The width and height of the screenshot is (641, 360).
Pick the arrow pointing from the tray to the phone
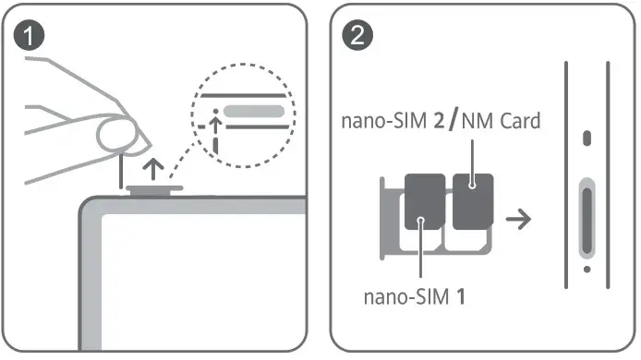pyautogui.click(x=521, y=220)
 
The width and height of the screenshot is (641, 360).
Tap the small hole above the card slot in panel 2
pyautogui.click(x=587, y=139)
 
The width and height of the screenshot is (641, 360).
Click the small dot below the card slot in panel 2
pyautogui.click(x=587, y=270)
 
